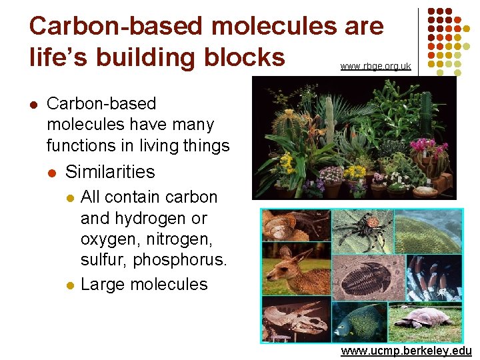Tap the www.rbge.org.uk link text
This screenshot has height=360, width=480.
tap(375, 66)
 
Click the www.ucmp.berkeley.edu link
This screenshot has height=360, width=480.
tap(406, 351)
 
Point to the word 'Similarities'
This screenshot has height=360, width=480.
tap(110, 171)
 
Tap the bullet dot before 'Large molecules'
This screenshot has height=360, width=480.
tap(71, 285)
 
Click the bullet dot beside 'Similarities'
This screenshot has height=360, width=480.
tap(51, 172)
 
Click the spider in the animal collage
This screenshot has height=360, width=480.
tap(363, 230)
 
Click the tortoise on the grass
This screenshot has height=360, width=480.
tap(424, 319)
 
